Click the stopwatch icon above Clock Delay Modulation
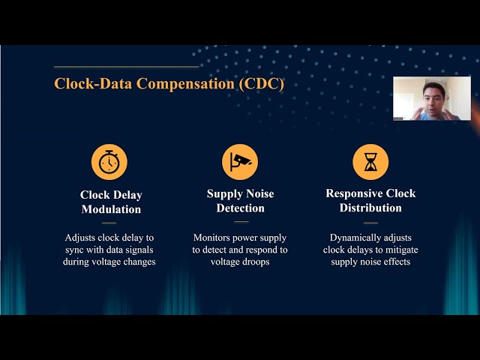(x=109, y=162)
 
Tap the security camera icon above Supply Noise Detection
(x=240, y=162)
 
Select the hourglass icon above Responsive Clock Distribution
(x=370, y=162)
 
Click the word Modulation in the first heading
(x=110, y=209)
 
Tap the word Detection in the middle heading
(x=241, y=208)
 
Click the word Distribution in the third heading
(x=370, y=208)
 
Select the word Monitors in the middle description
(x=213, y=237)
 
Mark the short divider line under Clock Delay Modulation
(x=109, y=223)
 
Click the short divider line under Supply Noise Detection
(x=240, y=221)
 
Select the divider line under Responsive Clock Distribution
(x=370, y=222)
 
